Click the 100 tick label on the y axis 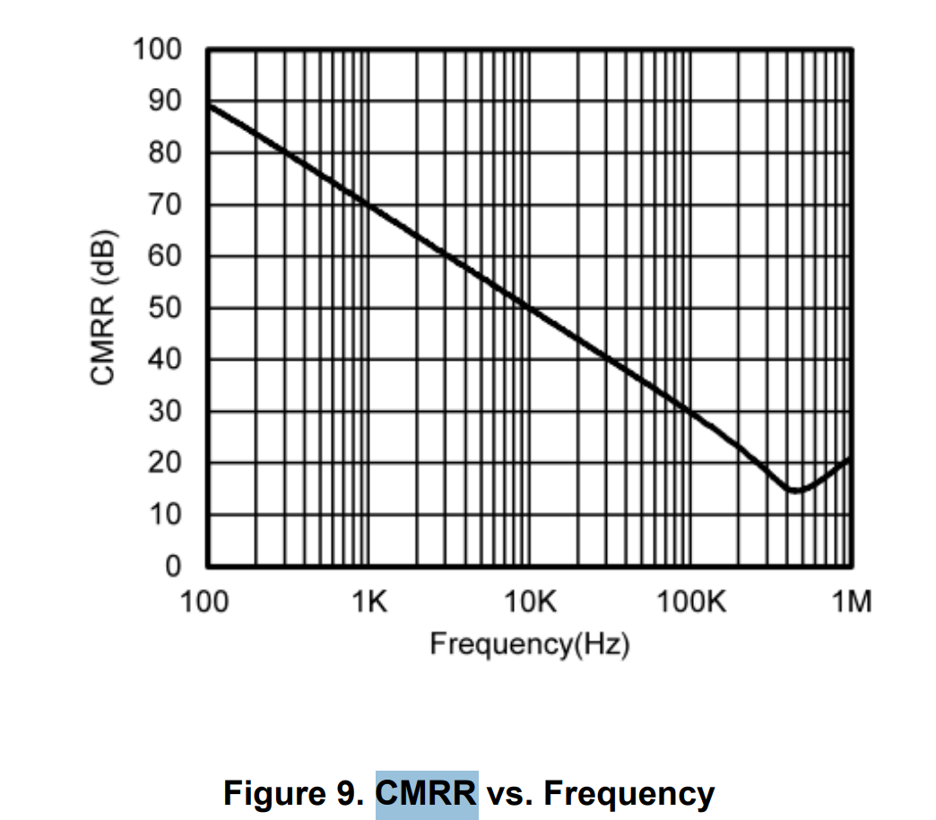tap(157, 49)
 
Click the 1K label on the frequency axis tap(368, 601)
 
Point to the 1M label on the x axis tap(851, 601)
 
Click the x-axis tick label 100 tap(207, 601)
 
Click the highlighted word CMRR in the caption tap(427, 794)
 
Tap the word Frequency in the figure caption tap(628, 794)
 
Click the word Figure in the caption tap(276, 794)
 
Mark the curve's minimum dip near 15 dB tap(794, 490)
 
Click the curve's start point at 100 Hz tap(209, 105)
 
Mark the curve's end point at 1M tap(850, 458)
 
